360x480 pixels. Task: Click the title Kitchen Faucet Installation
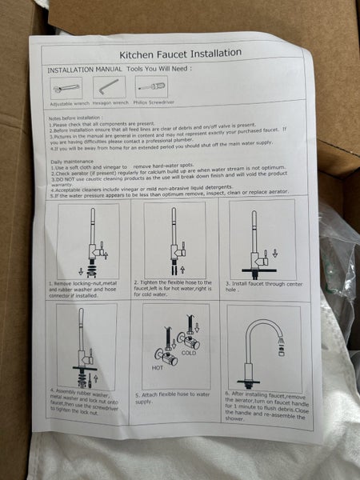pyautogui.click(x=180, y=54)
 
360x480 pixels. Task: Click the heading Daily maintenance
pyautogui.click(x=74, y=161)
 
